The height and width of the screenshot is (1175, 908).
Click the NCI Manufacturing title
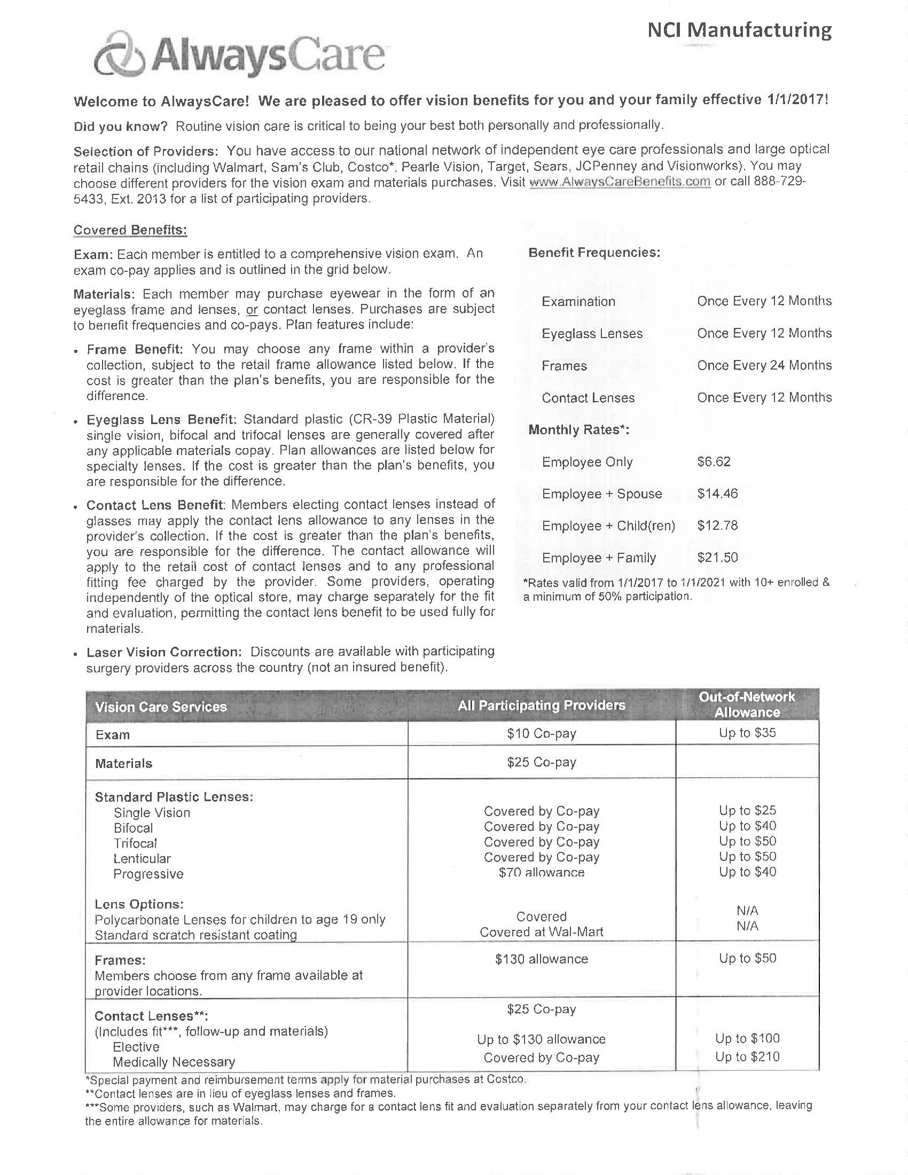(739, 29)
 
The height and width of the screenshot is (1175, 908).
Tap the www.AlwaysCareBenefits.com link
(620, 182)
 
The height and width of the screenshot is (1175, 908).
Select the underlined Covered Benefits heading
(130, 230)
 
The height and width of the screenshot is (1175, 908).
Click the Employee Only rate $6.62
(713, 461)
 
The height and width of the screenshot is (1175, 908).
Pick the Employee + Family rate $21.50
(717, 558)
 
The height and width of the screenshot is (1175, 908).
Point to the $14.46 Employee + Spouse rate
(717, 493)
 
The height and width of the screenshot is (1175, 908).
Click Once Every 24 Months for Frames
(764, 365)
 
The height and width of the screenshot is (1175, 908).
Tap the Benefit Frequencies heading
(594, 252)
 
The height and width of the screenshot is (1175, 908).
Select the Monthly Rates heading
(578, 430)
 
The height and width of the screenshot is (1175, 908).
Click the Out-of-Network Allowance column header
(747, 704)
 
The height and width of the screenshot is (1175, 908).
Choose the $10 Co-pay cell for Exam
(541, 734)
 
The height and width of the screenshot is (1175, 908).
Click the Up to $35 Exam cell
(747, 733)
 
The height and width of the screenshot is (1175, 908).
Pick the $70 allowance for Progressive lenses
(541, 873)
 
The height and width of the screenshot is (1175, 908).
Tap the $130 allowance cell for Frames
(541, 959)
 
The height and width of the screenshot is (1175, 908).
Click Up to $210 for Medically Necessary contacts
(747, 1056)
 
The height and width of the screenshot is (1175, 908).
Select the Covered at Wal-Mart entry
(541, 932)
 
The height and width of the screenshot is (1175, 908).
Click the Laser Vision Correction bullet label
(163, 652)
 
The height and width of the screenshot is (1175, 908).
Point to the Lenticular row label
(142, 859)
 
